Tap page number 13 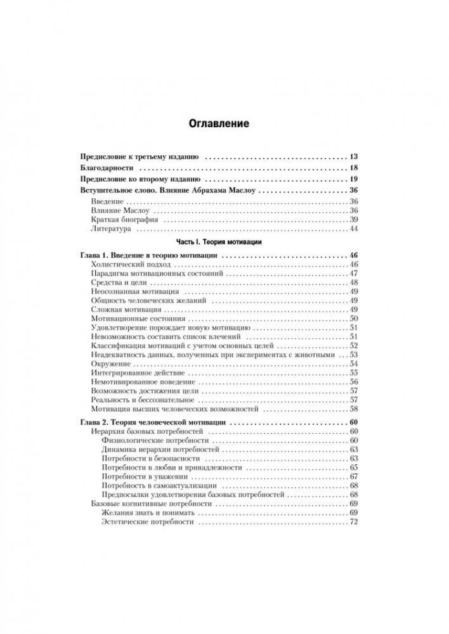tap(354, 155)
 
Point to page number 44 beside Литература tap(354, 229)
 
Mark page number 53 tap(354, 355)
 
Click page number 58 tap(354, 410)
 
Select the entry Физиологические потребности tap(154, 440)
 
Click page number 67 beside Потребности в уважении tap(354, 476)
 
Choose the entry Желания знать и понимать tap(146, 512)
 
